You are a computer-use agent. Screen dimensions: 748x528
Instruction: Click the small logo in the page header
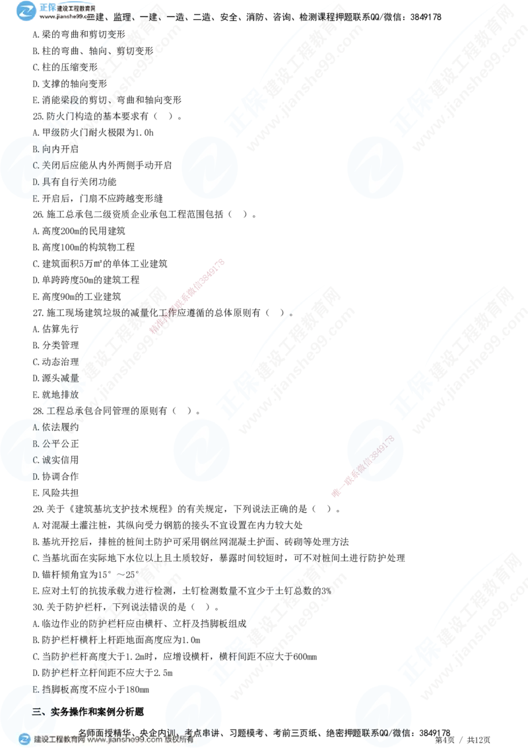(x=27, y=11)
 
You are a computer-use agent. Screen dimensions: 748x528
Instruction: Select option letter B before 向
(x=36, y=149)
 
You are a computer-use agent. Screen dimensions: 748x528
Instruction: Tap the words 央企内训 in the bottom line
(x=158, y=731)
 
